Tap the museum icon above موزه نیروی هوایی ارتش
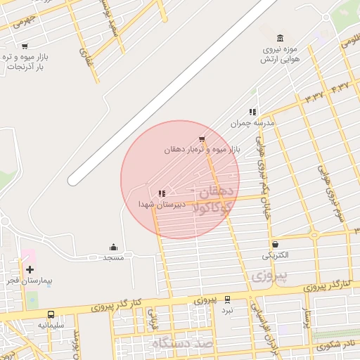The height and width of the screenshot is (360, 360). coord(281,38)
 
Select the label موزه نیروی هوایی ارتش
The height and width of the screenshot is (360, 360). coord(281,55)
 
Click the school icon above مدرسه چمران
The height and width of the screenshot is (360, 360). coord(252,112)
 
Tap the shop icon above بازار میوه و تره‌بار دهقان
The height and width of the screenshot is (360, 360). coord(202,139)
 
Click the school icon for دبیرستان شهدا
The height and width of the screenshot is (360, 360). coord(162,193)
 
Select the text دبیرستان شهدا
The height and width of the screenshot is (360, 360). coord(161,205)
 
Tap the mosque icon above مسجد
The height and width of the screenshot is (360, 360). coord(113,247)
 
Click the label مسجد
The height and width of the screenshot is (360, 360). coord(113,258)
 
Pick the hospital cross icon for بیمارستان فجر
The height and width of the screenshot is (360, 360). coord(30,269)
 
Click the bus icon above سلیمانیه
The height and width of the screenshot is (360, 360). coord(51,314)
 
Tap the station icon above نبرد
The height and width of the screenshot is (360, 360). coord(227,299)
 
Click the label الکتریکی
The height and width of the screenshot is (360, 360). coord(275,255)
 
